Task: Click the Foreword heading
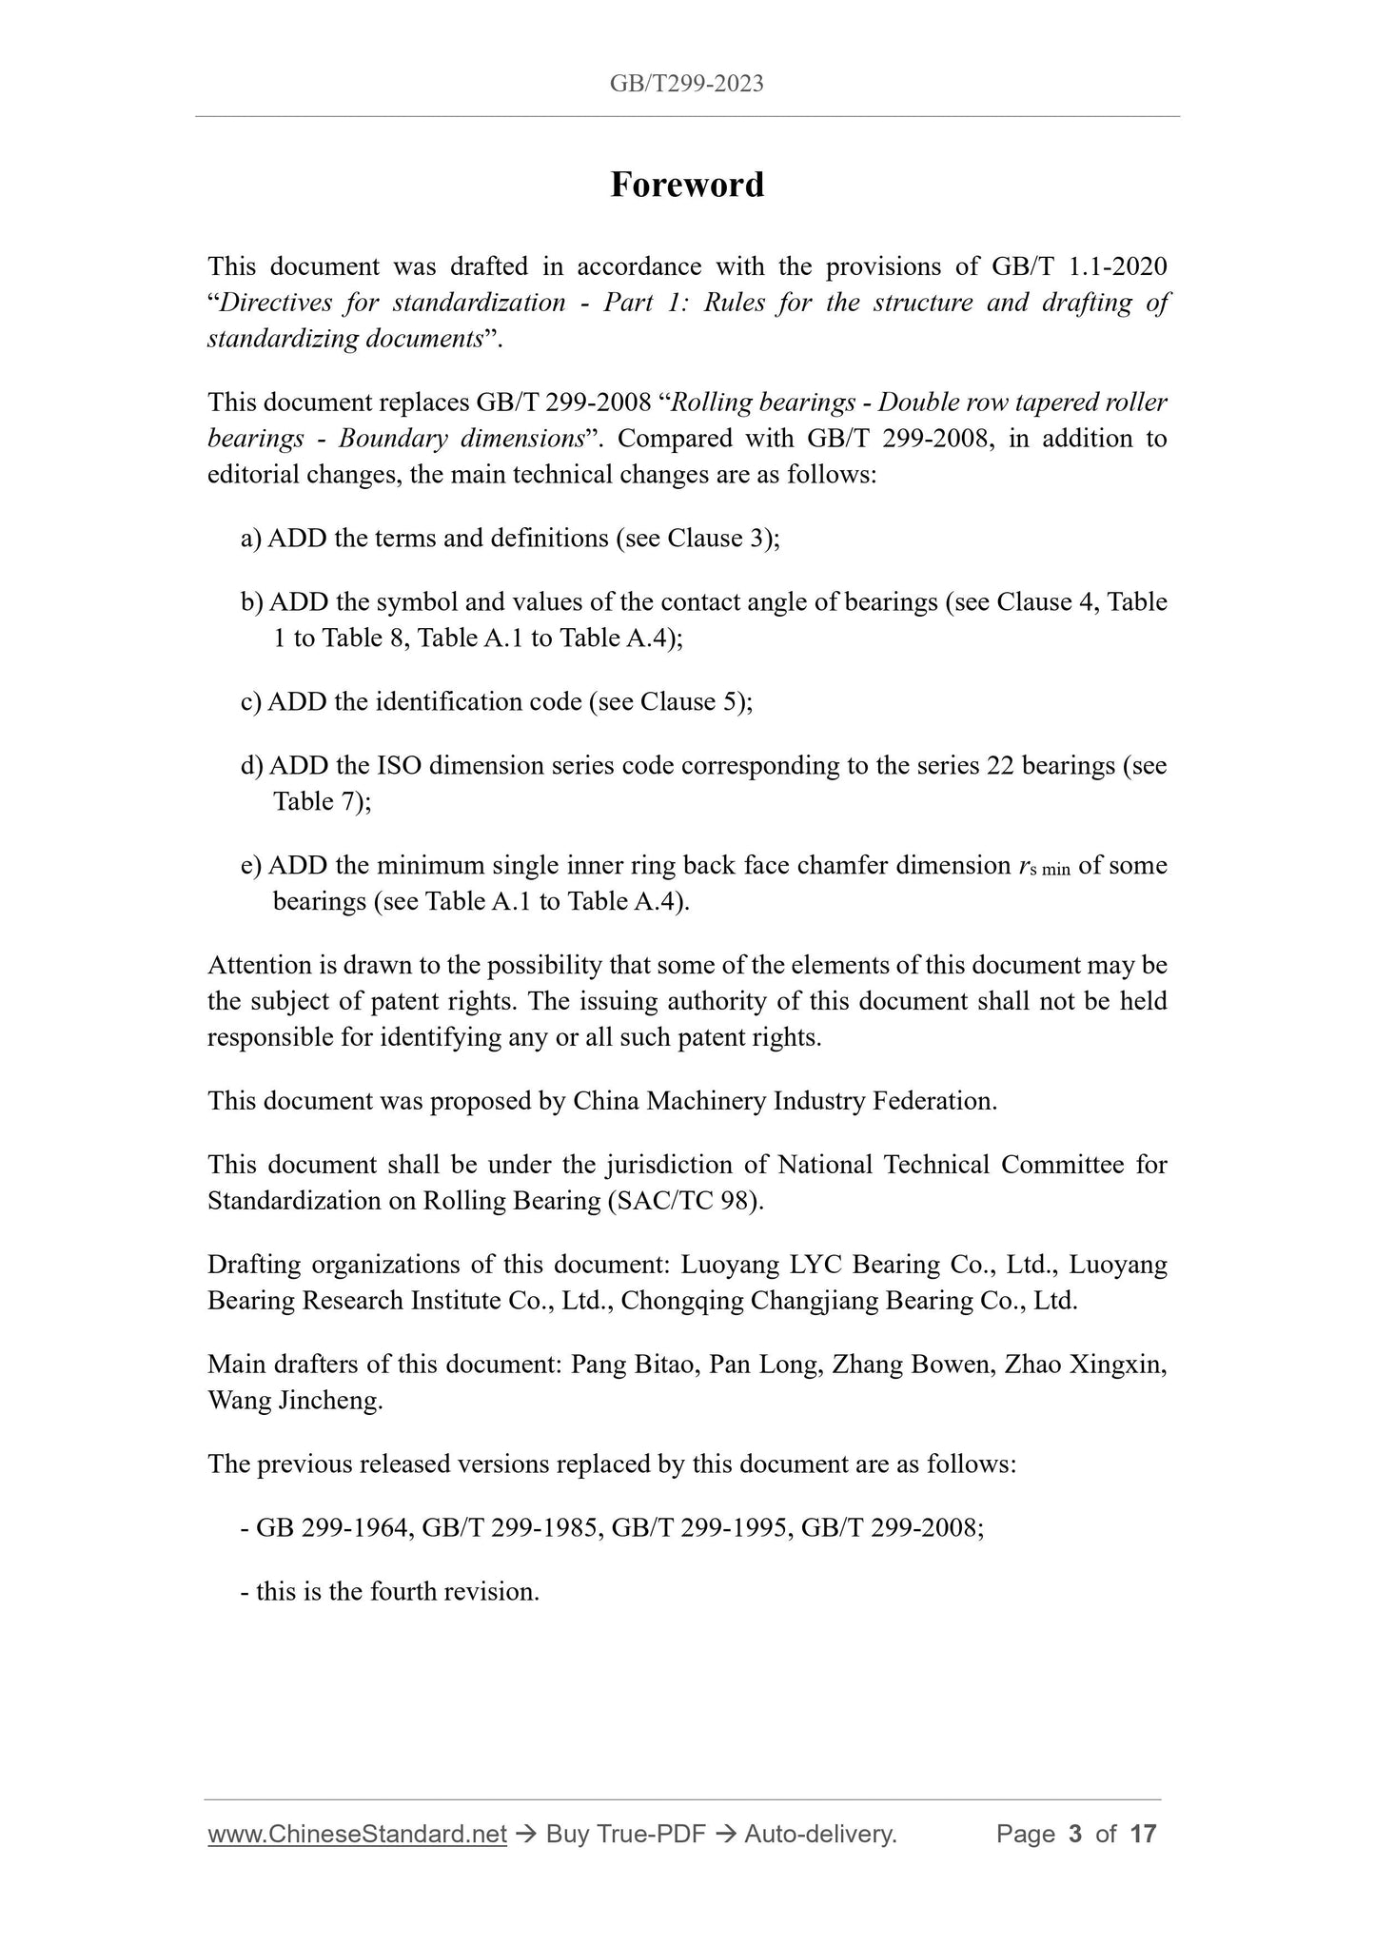click(x=687, y=185)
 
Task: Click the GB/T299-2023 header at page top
click(x=687, y=84)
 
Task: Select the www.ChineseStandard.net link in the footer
click(x=356, y=1834)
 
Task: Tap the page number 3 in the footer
click(x=1075, y=1834)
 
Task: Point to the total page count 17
click(x=1142, y=1834)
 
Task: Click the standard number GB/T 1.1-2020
click(x=1079, y=266)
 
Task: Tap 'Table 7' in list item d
click(x=316, y=801)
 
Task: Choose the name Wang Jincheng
click(x=294, y=1401)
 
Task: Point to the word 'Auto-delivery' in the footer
click(x=819, y=1834)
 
